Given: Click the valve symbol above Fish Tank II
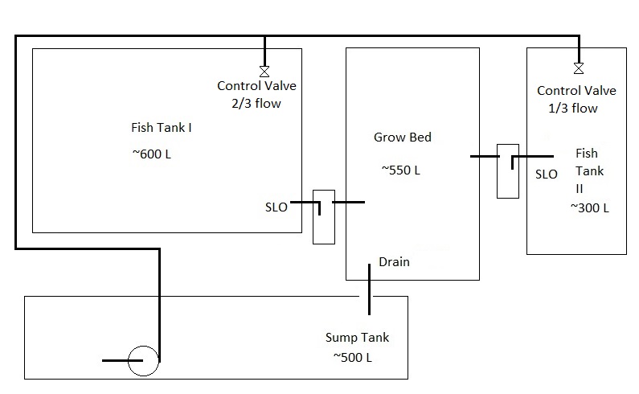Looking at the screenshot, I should tap(577, 68).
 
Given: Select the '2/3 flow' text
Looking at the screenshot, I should tap(252, 103).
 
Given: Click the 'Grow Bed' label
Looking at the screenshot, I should tap(403, 137).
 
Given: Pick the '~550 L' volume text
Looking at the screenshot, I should tap(401, 170).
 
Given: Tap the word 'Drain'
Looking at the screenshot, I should tap(395, 261).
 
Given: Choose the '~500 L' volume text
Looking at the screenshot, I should tap(351, 357).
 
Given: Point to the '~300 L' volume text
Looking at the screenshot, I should tap(590, 207).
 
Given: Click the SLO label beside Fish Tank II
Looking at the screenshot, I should tap(547, 174).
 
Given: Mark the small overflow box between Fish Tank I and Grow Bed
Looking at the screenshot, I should tap(323, 216).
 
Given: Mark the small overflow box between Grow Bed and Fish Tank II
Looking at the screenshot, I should tap(508, 170).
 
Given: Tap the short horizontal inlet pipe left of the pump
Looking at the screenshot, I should tap(117, 361).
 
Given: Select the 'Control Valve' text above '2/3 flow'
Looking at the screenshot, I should tap(252, 86).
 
